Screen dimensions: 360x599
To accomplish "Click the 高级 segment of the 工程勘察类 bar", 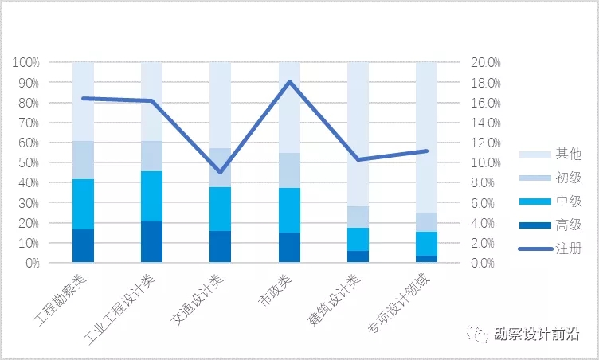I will (x=83, y=245).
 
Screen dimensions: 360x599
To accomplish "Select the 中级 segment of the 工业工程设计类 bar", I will (x=151, y=196).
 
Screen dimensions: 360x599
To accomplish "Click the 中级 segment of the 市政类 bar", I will (x=289, y=210).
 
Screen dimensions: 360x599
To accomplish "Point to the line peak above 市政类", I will (x=289, y=81).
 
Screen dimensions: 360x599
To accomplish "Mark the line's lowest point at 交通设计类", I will (x=221, y=172).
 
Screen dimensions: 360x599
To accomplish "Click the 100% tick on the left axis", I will (x=25, y=62).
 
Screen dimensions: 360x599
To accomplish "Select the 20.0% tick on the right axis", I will (x=484, y=62).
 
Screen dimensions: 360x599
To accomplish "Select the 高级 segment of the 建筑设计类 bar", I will (x=358, y=256).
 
